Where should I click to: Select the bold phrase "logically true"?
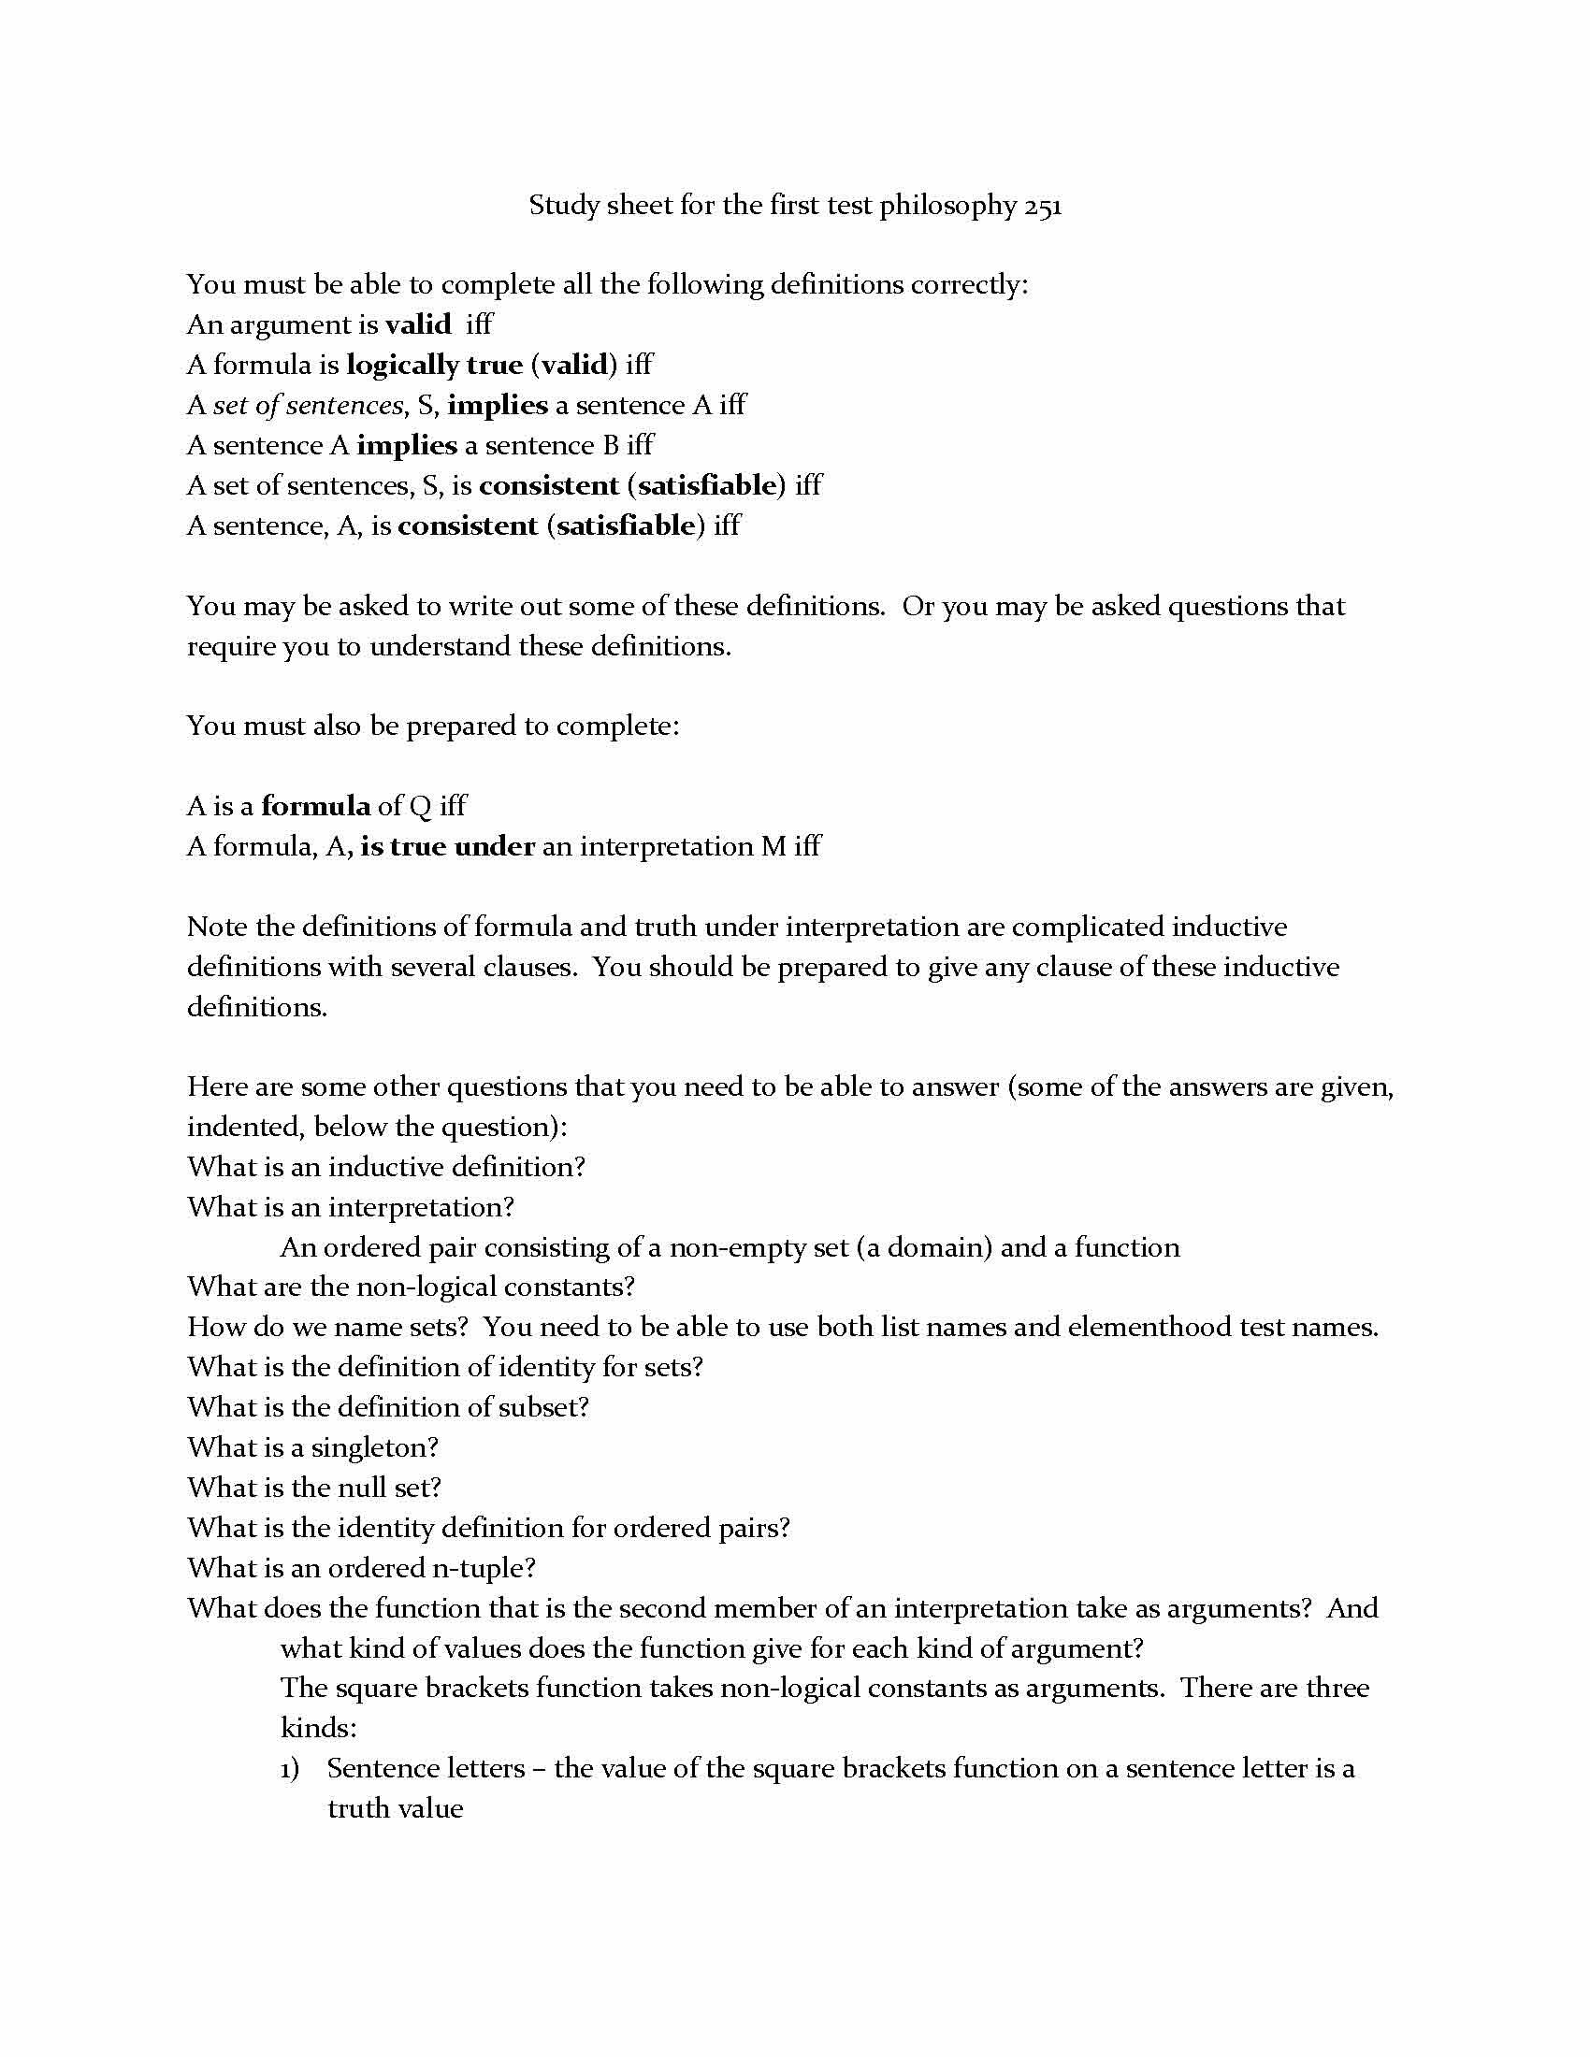point(434,365)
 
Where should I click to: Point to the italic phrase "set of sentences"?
point(309,405)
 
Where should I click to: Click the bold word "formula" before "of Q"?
point(315,805)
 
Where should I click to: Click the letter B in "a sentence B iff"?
point(610,444)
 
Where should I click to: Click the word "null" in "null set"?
point(369,1488)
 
